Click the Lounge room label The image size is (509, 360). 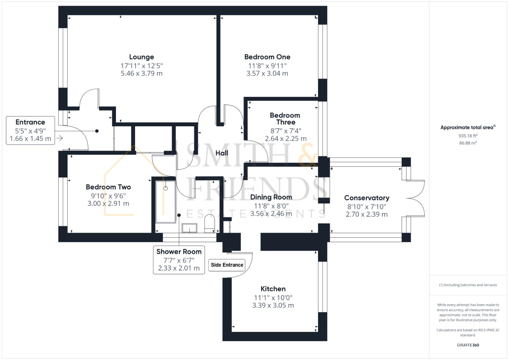[141, 57]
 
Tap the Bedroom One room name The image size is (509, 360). [267, 57]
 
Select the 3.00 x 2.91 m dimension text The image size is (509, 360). [108, 204]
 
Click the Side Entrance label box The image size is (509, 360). [227, 265]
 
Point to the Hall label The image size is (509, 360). [222, 153]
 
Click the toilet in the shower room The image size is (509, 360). [210, 223]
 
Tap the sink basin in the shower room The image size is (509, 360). [189, 228]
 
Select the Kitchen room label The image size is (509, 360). [273, 289]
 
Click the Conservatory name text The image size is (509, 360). [367, 198]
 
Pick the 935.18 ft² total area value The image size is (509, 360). [468, 136]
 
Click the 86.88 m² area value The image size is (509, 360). [468, 143]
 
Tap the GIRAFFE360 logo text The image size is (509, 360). [468, 345]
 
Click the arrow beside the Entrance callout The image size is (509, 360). [60, 138]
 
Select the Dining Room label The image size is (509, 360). [271, 197]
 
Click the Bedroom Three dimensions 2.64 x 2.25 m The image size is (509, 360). [286, 139]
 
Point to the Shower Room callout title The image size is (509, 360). [179, 252]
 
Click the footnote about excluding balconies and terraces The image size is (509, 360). [468, 285]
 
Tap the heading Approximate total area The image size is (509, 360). [468, 128]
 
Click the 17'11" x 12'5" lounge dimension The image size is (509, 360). [141, 66]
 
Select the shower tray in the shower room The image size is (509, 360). [165, 202]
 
